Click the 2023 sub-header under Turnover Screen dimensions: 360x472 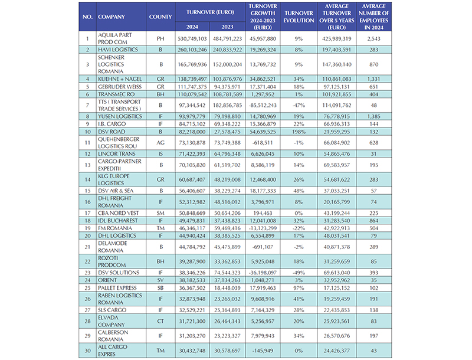(227, 27)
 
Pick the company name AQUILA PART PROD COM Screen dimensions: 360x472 (112, 38)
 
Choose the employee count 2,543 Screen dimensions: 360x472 (372, 38)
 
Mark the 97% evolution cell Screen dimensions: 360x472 (299, 289)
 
